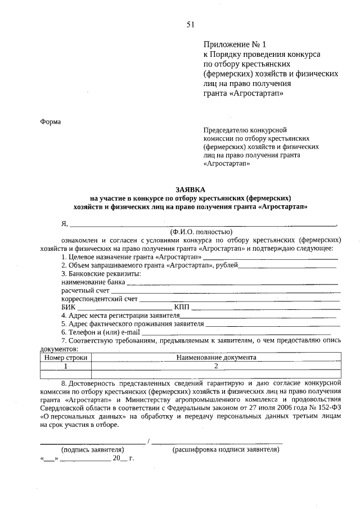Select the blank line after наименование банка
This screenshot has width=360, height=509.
[x=232, y=283]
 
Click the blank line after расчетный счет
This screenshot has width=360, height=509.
[x=226, y=292]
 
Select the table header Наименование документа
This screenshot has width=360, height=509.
[x=216, y=357]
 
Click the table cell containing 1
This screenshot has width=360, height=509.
[x=66, y=366]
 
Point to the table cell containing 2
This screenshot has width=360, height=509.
[x=216, y=366]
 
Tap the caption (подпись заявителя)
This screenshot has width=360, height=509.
[x=92, y=450]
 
